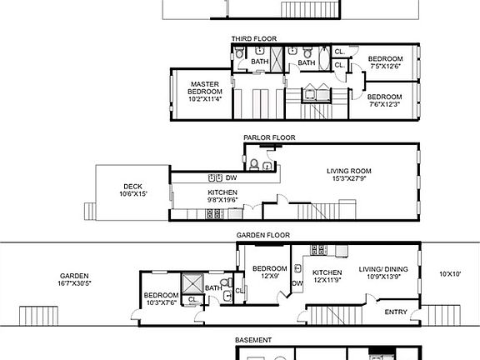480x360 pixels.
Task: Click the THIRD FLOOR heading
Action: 254,38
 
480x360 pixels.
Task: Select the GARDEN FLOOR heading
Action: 262,236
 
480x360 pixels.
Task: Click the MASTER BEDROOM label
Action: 203,87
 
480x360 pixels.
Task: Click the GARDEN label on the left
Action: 74,276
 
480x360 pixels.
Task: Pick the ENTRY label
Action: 396,312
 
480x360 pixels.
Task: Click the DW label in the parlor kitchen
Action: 231,177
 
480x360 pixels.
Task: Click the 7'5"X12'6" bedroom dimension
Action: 385,67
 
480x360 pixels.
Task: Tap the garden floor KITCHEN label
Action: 327,272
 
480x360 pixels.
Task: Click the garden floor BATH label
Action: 212,288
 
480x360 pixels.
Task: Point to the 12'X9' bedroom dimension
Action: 271,276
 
